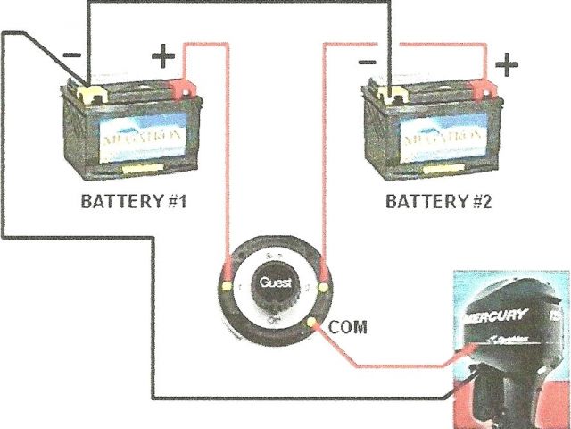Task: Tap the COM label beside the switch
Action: (x=348, y=327)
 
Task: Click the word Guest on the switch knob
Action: (x=273, y=283)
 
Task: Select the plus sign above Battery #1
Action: (x=163, y=58)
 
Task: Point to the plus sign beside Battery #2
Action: (x=506, y=64)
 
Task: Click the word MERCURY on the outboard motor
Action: (x=494, y=318)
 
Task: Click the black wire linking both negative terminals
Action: (x=241, y=4)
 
